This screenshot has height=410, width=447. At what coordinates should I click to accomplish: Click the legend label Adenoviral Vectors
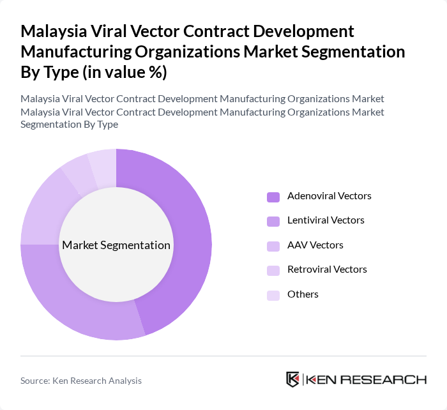(329, 196)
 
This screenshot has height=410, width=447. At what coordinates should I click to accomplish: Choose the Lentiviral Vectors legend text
(326, 220)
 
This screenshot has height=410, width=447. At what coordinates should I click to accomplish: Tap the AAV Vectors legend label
(315, 245)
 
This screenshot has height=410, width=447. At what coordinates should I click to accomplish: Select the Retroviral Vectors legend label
(327, 270)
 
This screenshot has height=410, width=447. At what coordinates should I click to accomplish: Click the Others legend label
(303, 294)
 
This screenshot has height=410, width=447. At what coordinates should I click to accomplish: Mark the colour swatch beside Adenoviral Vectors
(273, 197)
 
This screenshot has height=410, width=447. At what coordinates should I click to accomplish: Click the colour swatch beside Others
(273, 295)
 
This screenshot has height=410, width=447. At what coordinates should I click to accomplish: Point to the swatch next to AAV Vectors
(273, 246)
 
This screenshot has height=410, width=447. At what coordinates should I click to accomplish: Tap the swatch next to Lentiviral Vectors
(273, 221)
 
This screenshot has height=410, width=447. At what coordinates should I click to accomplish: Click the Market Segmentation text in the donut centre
(116, 245)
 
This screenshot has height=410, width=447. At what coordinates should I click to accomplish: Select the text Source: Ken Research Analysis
(81, 381)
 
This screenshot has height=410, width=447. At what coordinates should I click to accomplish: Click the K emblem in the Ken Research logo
(293, 379)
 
